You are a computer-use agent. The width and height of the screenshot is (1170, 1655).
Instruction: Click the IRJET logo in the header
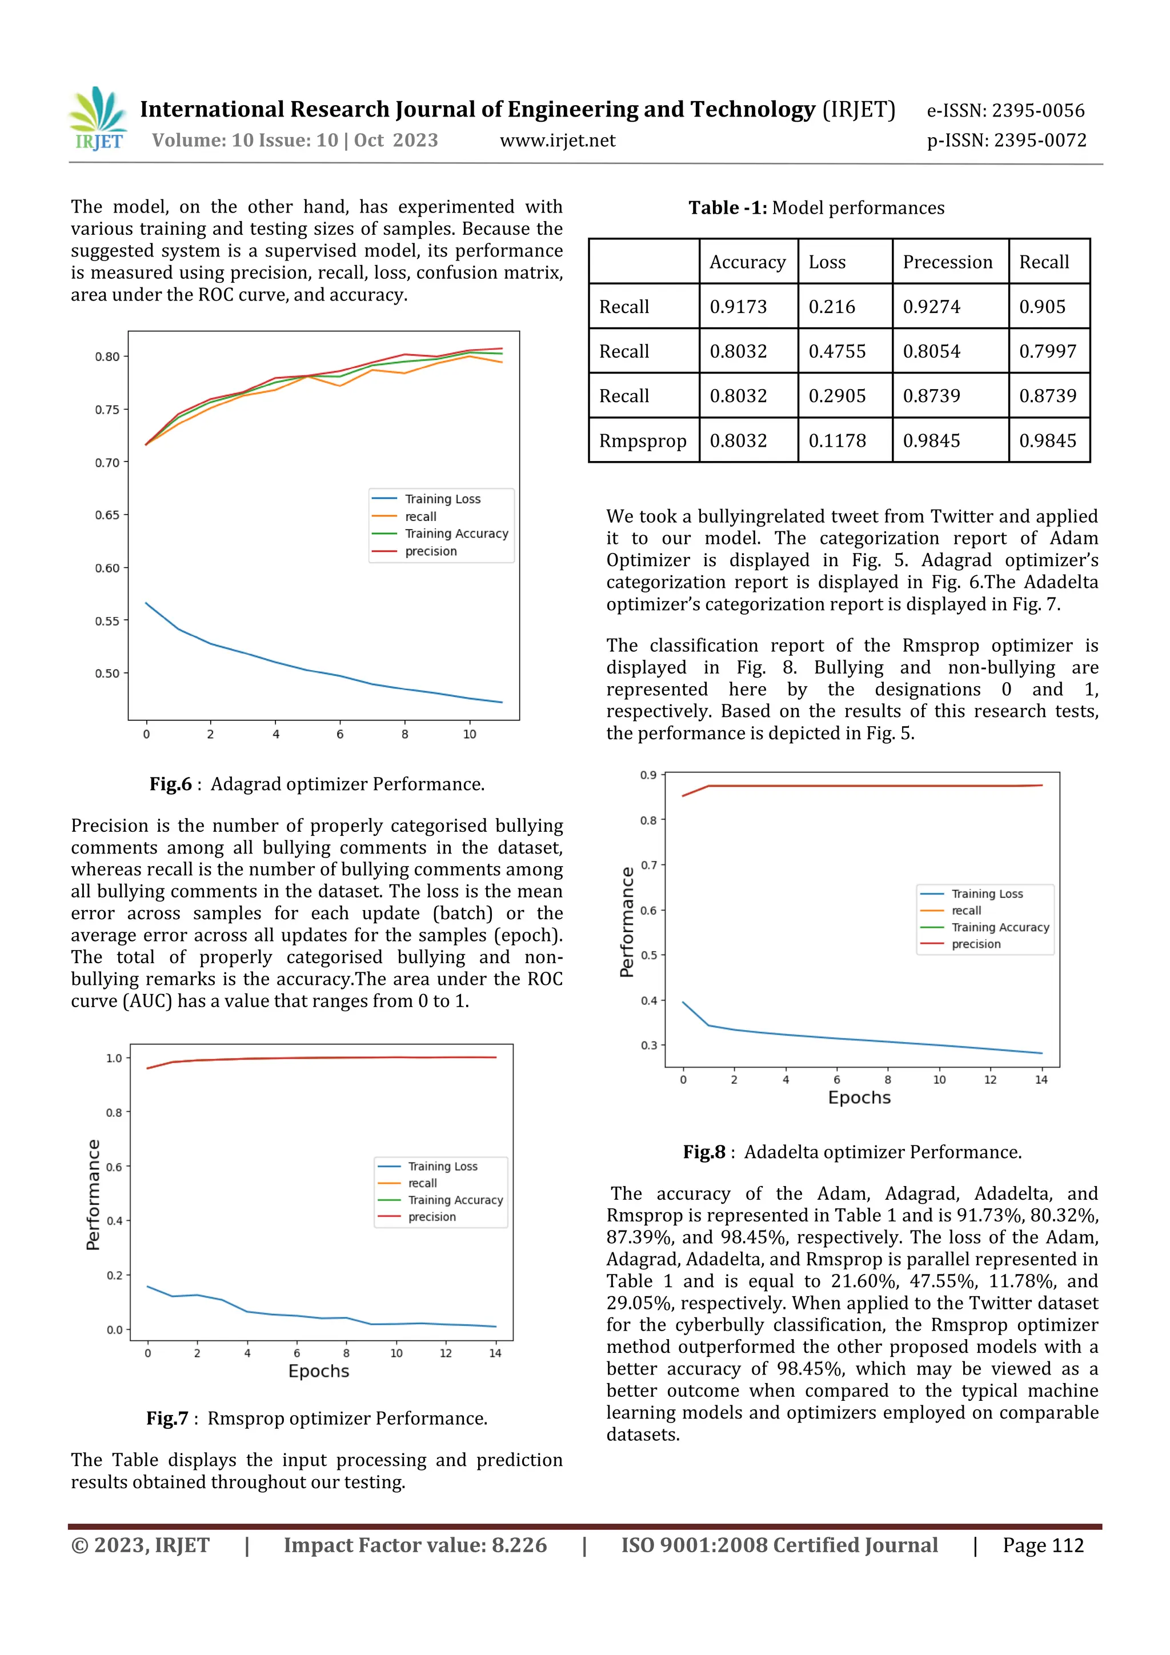(x=98, y=119)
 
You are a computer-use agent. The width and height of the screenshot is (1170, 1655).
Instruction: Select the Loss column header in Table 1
(x=826, y=262)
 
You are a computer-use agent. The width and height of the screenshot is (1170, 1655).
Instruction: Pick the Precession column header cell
(x=947, y=262)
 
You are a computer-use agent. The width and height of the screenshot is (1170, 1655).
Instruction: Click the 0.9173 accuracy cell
(x=738, y=307)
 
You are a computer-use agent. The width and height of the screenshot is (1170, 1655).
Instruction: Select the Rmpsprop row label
(x=642, y=440)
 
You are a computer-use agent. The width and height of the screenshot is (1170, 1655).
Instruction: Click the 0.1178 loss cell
(x=836, y=440)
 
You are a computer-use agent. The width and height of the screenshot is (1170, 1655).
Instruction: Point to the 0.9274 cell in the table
(x=931, y=307)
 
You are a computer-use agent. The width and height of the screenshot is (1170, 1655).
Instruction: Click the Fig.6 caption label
(x=171, y=784)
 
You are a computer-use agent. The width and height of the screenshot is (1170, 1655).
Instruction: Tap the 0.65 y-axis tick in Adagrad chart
(x=107, y=515)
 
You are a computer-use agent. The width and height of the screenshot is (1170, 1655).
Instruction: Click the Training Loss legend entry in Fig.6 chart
(x=442, y=499)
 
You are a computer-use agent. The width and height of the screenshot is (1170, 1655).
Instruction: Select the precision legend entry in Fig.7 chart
(x=432, y=1217)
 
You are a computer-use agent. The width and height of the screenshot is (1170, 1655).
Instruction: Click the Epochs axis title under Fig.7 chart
(x=319, y=1371)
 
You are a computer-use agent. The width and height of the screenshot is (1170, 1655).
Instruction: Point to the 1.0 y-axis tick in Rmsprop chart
(x=114, y=1058)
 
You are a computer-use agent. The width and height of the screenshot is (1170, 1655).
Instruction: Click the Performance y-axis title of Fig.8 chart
(x=627, y=922)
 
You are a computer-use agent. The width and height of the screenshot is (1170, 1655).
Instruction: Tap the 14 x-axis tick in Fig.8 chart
(x=1041, y=1080)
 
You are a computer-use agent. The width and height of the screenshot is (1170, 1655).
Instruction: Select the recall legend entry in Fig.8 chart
(x=966, y=911)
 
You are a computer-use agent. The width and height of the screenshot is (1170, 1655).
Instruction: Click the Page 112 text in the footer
(x=1043, y=1545)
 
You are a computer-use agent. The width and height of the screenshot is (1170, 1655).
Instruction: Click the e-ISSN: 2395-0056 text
(x=1005, y=111)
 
